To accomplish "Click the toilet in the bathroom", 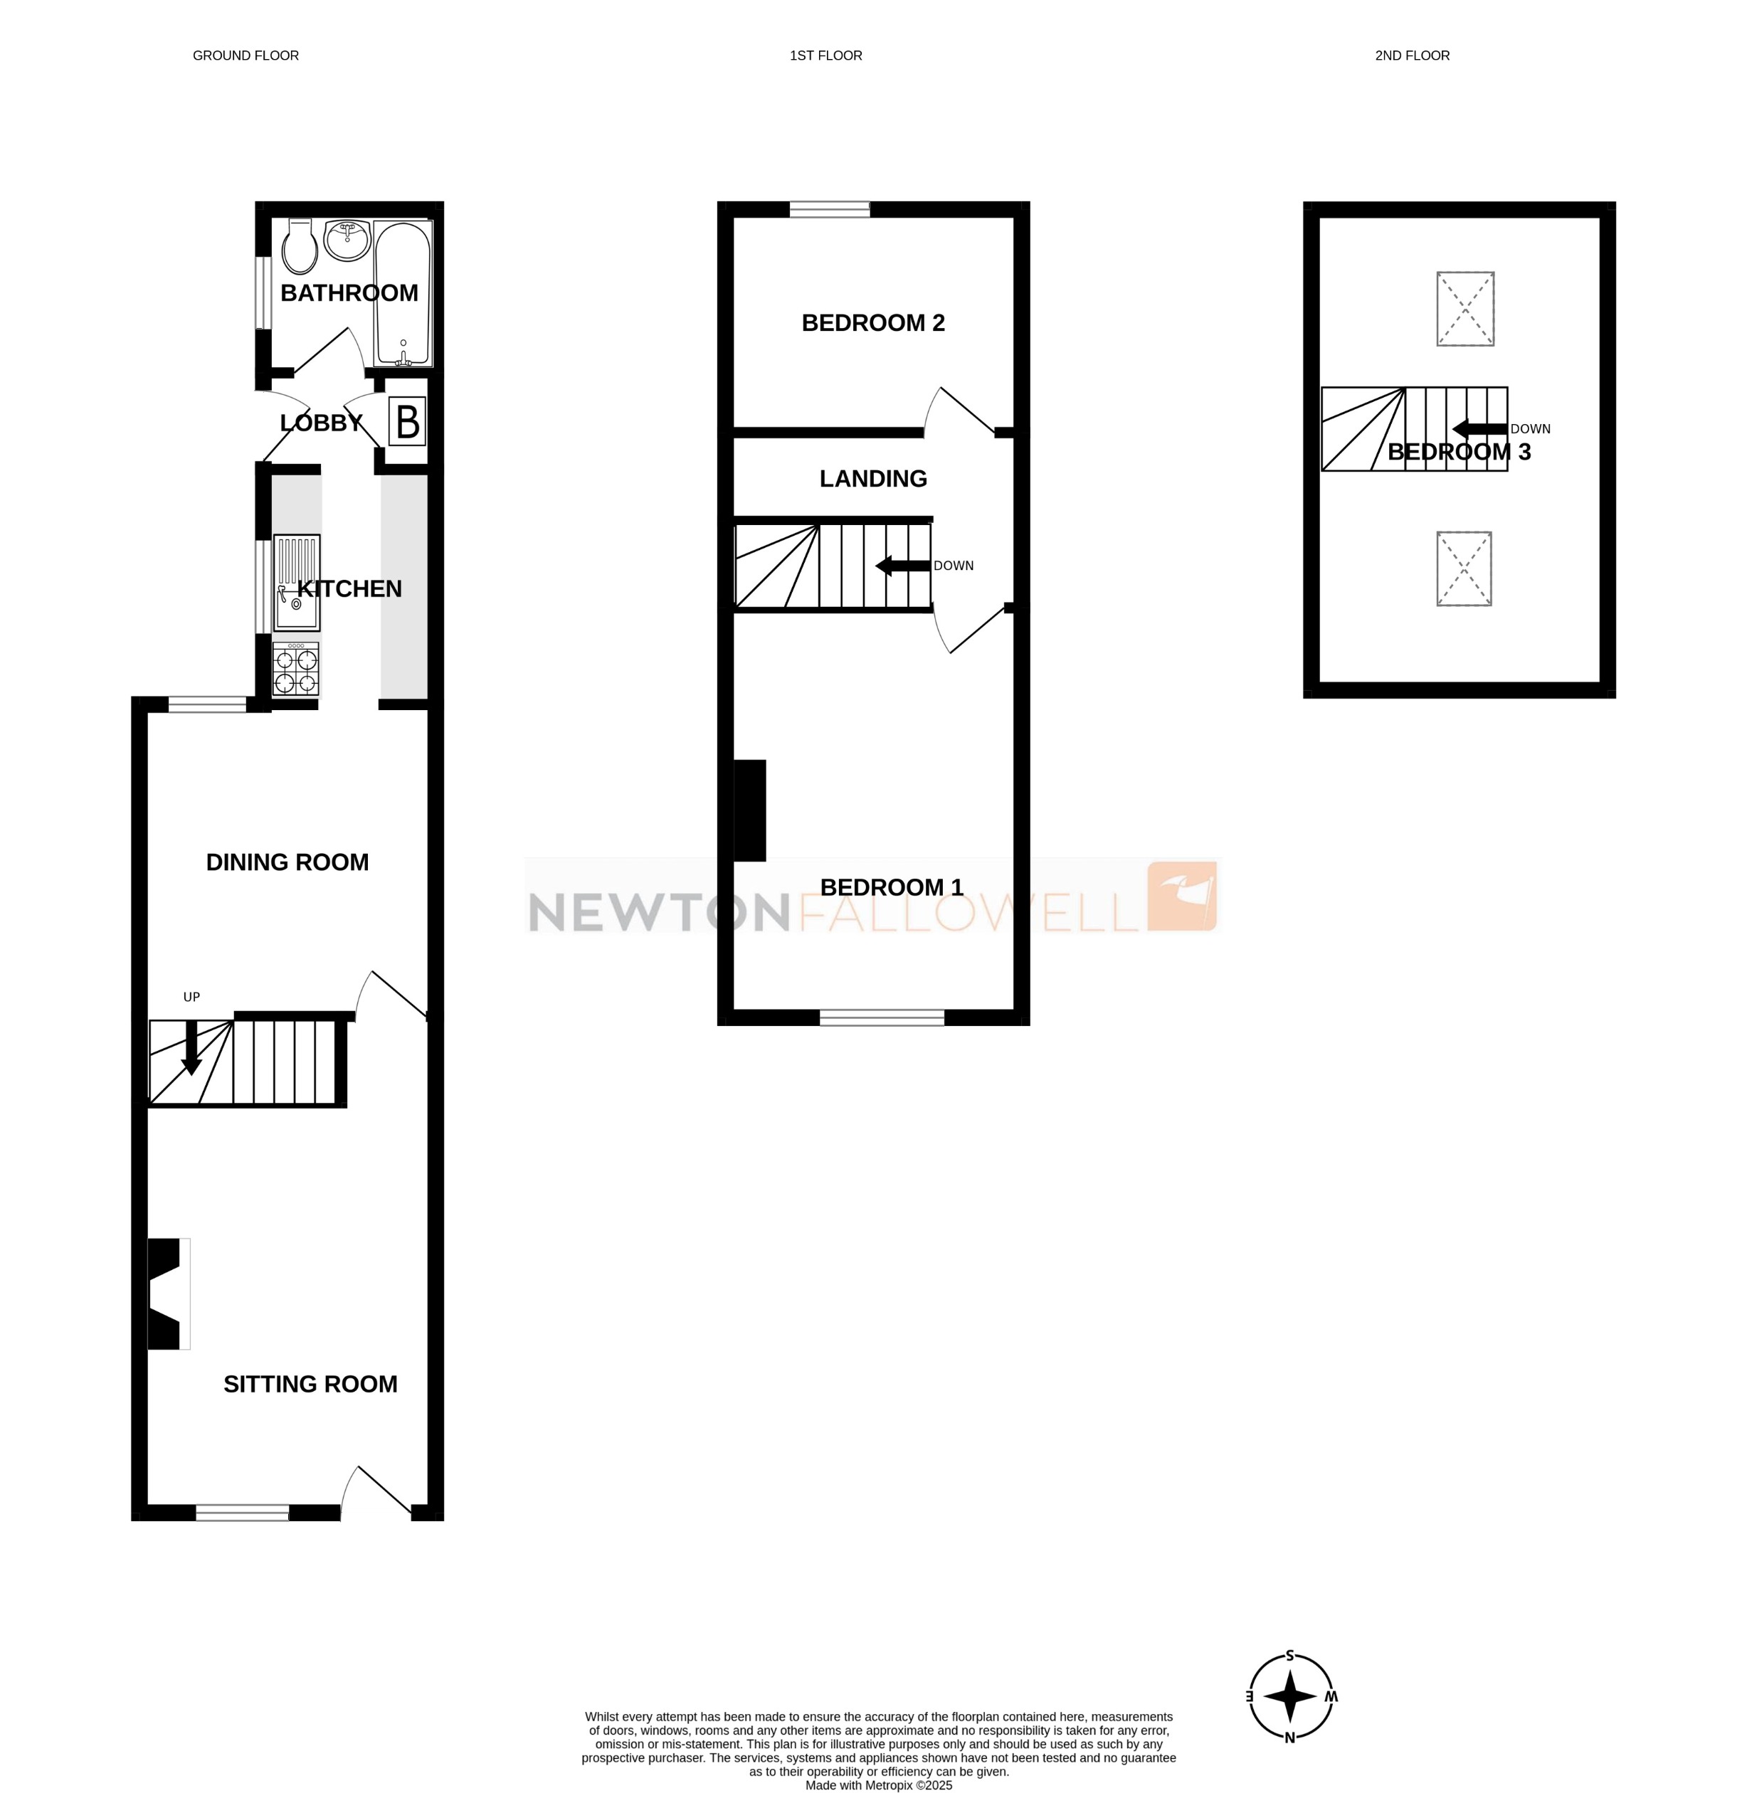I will point(299,247).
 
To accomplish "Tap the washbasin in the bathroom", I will point(347,240).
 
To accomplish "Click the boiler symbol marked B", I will point(407,422).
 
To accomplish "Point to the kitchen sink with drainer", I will point(296,583).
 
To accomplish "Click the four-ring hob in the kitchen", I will point(295,670).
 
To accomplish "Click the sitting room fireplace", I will point(168,1294).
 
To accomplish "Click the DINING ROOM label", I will point(287,862).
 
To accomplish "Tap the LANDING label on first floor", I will point(872,479).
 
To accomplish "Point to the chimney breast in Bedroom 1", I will point(749,810).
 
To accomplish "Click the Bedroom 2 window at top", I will point(830,209).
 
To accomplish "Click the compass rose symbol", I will point(1290,1697).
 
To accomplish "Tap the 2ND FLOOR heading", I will point(1412,56).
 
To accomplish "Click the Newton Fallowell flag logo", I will point(1183,896).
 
